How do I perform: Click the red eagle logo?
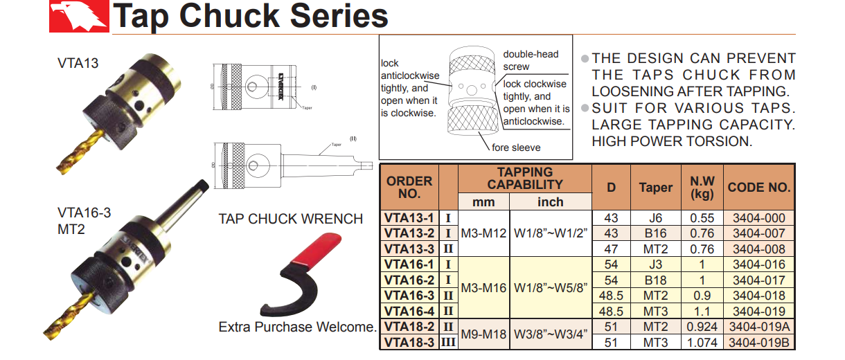[78, 16]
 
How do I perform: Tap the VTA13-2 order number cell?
[410, 233]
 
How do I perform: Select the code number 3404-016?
[759, 264]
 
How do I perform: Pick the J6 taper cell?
[655, 218]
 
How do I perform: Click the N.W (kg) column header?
[702, 187]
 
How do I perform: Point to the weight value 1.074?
[702, 343]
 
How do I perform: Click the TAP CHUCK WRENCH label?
[290, 219]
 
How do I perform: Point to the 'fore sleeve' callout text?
[516, 147]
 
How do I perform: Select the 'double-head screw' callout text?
[531, 60]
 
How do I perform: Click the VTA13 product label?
[78, 63]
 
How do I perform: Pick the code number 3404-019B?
[759, 343]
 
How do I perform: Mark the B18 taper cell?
[655, 280]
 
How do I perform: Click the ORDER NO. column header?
[409, 187]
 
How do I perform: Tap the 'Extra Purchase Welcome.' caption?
[297, 327]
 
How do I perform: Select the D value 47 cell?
[611, 249]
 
